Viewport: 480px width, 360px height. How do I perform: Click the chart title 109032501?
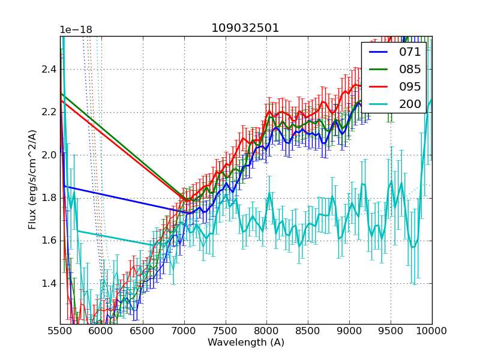245,28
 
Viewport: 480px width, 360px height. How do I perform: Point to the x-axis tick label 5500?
60,331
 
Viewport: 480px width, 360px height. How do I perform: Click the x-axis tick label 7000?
184,331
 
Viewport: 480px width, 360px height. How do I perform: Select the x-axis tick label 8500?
308,331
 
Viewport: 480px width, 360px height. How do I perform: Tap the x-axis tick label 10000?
432,331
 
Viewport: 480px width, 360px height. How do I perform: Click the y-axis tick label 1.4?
48,283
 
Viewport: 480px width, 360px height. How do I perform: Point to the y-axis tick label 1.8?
48,197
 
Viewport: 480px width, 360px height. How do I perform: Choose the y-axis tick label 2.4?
48,69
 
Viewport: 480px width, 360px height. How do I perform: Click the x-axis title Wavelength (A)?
246,343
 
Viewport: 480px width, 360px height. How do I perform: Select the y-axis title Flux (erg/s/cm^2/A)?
32,179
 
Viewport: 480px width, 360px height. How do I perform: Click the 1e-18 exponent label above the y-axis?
76,30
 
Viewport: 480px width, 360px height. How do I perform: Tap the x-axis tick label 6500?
143,331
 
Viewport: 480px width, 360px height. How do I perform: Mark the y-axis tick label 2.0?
48,155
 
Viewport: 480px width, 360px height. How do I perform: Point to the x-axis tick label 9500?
391,331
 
